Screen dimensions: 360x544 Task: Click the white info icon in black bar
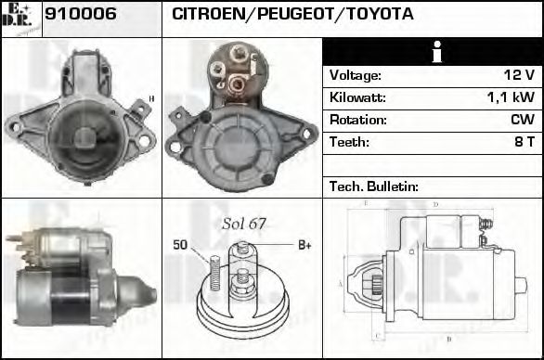coord(432,51)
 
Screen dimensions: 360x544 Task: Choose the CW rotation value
coord(523,120)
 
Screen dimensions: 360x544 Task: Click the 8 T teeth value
coord(524,142)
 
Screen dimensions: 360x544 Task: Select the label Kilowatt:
coord(357,97)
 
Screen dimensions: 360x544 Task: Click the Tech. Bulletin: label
coord(374,186)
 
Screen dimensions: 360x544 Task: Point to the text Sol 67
coord(244,224)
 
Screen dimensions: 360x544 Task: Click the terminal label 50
coord(181,245)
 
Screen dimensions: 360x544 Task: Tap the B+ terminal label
coord(303,245)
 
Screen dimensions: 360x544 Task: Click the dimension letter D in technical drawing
coord(435,203)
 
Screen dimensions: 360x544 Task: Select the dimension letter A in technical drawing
coord(342,282)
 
